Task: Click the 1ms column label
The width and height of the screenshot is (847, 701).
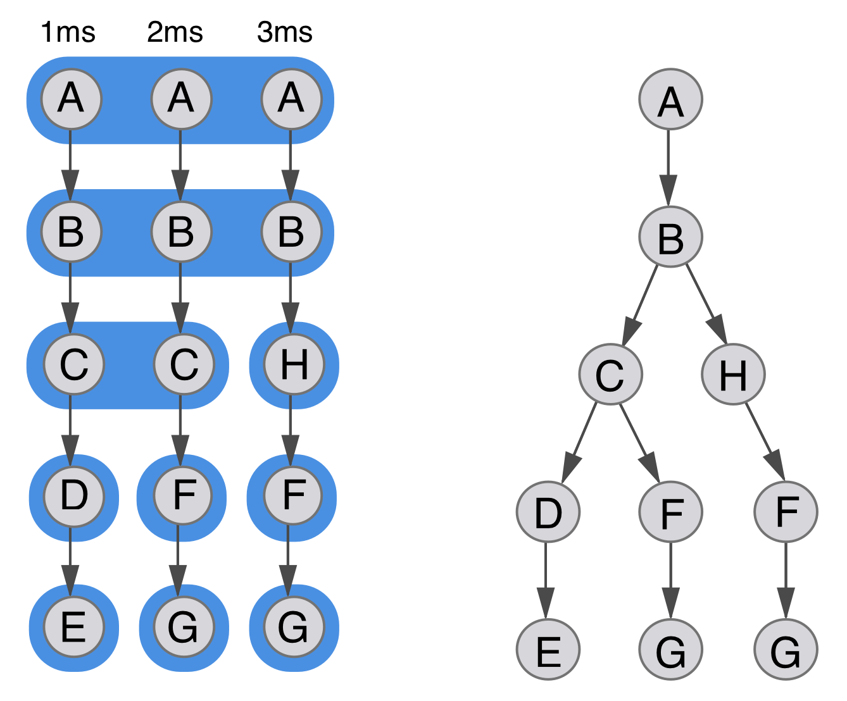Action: (68, 32)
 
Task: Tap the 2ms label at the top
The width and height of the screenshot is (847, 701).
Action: (175, 32)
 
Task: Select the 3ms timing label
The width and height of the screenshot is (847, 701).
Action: (285, 32)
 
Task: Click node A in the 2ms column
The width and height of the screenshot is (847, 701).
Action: (181, 99)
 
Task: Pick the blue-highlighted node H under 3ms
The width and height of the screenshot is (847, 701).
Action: (294, 365)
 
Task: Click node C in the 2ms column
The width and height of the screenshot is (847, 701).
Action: (184, 365)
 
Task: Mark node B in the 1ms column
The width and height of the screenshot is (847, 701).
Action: (71, 232)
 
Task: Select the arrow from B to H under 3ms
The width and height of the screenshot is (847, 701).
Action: (291, 297)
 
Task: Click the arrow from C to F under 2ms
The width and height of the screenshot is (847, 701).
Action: (181, 430)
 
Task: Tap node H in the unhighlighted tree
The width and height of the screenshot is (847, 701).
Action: (733, 375)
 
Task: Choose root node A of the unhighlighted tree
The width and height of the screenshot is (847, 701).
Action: (670, 99)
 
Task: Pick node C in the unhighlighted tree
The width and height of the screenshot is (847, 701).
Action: (610, 375)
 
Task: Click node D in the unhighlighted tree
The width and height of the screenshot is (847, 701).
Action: (548, 511)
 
